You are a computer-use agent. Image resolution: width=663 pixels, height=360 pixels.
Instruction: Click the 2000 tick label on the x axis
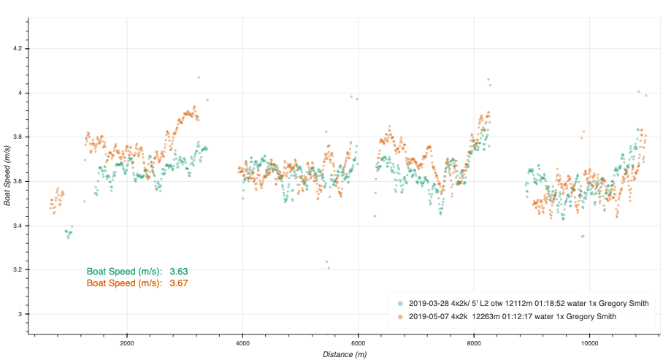(x=127, y=342)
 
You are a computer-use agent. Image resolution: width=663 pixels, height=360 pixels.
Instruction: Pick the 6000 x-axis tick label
(x=358, y=342)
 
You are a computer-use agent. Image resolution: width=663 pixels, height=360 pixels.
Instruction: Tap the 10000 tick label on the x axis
(x=589, y=342)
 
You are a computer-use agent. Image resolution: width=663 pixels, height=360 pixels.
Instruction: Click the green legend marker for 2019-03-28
(x=399, y=303)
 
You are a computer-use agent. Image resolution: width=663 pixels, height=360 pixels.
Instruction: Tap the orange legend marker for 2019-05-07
(x=399, y=316)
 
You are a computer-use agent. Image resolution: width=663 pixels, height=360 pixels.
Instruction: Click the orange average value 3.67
(x=179, y=283)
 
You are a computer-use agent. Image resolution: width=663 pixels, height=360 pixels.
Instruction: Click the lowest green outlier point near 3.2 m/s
(x=329, y=267)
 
